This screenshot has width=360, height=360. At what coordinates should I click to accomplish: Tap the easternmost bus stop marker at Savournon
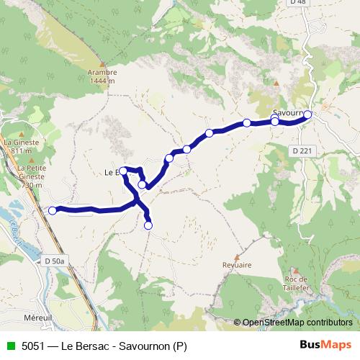click(x=307, y=114)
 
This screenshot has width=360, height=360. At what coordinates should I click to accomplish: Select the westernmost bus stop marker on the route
click(x=52, y=210)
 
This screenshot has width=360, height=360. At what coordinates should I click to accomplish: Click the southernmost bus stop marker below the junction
click(x=148, y=225)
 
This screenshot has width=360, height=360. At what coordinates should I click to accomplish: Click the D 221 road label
click(x=303, y=150)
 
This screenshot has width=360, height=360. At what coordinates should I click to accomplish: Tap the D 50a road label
click(x=54, y=260)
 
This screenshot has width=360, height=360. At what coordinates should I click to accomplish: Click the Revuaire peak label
click(x=237, y=265)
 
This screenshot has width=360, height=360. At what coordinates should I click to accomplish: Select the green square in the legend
click(x=9, y=346)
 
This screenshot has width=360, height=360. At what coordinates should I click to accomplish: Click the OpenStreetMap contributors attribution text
click(x=296, y=323)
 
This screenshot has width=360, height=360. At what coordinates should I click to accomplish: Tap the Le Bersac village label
click(x=112, y=172)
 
